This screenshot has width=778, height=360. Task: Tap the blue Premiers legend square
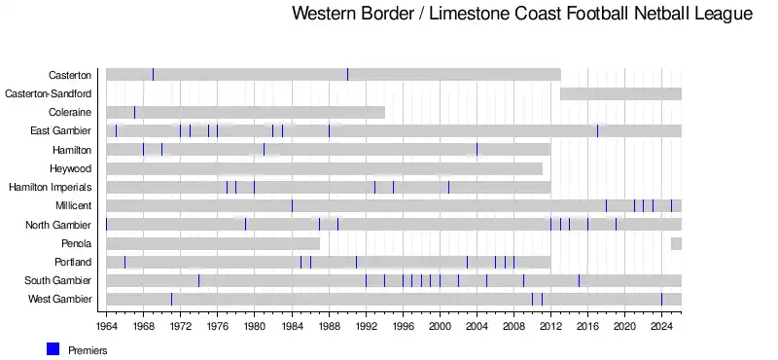tap(53, 349)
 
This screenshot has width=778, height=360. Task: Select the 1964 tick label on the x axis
tap(106, 326)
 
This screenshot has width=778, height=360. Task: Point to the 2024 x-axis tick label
tap(661, 326)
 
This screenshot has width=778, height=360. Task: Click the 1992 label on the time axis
tap(366, 326)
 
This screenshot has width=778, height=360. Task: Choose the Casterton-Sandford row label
tap(48, 93)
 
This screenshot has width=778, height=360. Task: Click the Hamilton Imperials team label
tap(51, 187)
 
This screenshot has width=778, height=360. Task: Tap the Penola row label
tap(77, 243)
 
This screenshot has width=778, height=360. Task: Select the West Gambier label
tap(59, 299)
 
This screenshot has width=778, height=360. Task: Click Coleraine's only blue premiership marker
tap(134, 112)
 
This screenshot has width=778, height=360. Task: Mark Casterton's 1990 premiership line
tap(347, 75)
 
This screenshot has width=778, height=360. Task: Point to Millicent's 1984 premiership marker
tap(292, 205)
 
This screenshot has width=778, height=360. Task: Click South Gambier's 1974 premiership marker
tap(199, 280)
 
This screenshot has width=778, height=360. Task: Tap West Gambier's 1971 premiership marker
tap(172, 299)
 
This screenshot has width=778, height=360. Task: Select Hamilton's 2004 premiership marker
tap(477, 150)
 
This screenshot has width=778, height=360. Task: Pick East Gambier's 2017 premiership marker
tap(597, 131)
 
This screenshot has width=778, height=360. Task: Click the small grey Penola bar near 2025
tap(676, 243)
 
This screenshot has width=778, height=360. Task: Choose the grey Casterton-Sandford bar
tap(620, 93)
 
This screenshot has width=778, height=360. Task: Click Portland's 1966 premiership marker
tap(125, 262)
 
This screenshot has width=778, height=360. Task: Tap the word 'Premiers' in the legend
tap(88, 350)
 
